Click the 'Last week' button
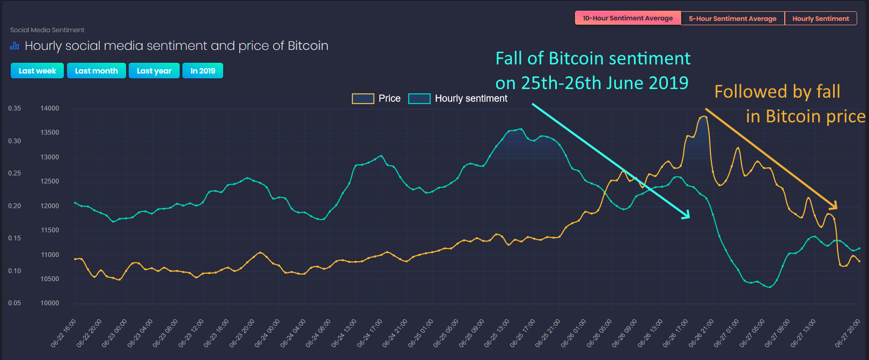37,71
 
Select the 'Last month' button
97,71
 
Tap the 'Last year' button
154,71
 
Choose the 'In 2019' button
203,71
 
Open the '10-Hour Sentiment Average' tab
628,18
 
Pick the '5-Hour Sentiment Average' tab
732,18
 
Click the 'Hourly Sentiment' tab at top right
820,18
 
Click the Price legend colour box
363,99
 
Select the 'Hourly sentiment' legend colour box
419,99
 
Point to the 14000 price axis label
50,108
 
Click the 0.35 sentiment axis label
14,108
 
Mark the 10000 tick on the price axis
50,303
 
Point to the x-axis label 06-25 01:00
422,333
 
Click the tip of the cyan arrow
689,217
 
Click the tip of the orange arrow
836,208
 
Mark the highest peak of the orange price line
705,116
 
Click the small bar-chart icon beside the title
14,46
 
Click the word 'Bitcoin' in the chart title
308,46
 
